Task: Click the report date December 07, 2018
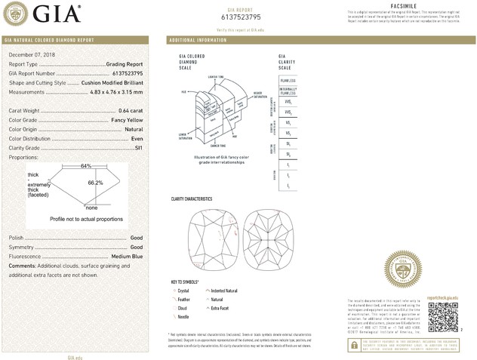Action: [32, 55]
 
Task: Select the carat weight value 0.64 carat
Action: [128, 111]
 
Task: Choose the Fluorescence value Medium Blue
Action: [124, 257]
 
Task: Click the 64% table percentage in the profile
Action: [86, 166]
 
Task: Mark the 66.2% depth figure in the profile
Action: [95, 183]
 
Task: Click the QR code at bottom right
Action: [442, 320]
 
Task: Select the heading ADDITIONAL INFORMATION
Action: [198, 39]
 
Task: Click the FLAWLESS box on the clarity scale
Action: [288, 79]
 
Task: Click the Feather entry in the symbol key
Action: [183, 300]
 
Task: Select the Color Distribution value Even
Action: [137, 139]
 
